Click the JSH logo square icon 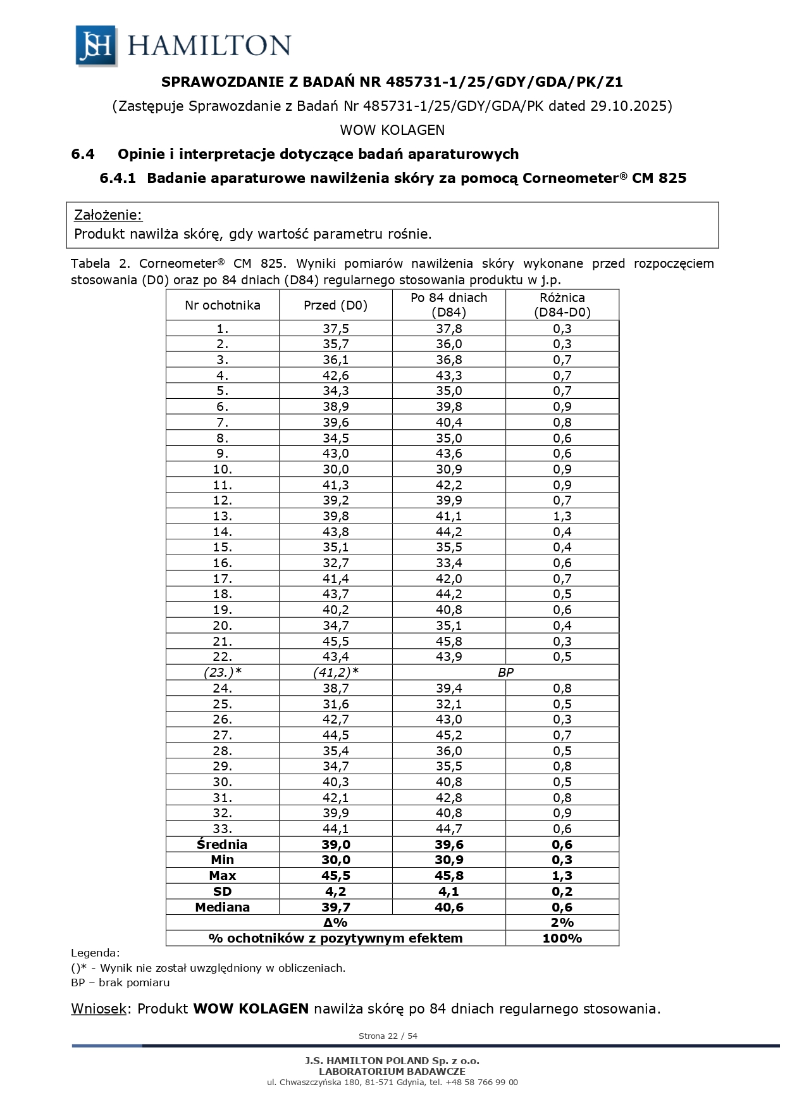point(96,46)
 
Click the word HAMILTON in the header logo point(209,46)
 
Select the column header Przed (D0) point(335,305)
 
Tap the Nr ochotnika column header point(222,305)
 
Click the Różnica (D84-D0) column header point(562,305)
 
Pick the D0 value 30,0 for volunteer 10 point(335,469)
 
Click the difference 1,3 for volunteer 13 point(562,516)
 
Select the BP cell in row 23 point(505,672)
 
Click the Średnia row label point(222,844)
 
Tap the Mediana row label point(222,907)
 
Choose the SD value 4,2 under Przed point(335,891)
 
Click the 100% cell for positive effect point(562,938)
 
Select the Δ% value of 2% point(562,922)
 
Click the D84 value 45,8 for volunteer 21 point(448,641)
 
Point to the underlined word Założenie point(108,215)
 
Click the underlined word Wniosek point(99,1008)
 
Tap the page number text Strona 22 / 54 point(388,1036)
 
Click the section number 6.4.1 point(118,179)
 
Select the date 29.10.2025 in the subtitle point(629,106)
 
